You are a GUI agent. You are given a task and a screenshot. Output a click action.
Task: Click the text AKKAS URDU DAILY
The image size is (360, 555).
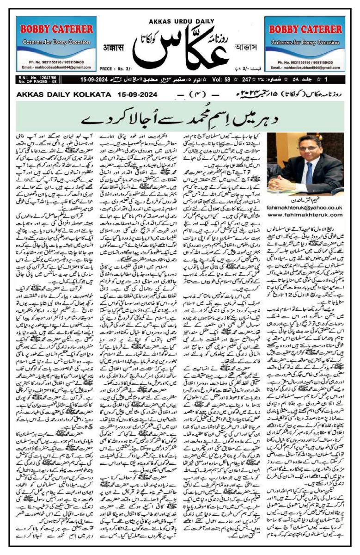point(180,21)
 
